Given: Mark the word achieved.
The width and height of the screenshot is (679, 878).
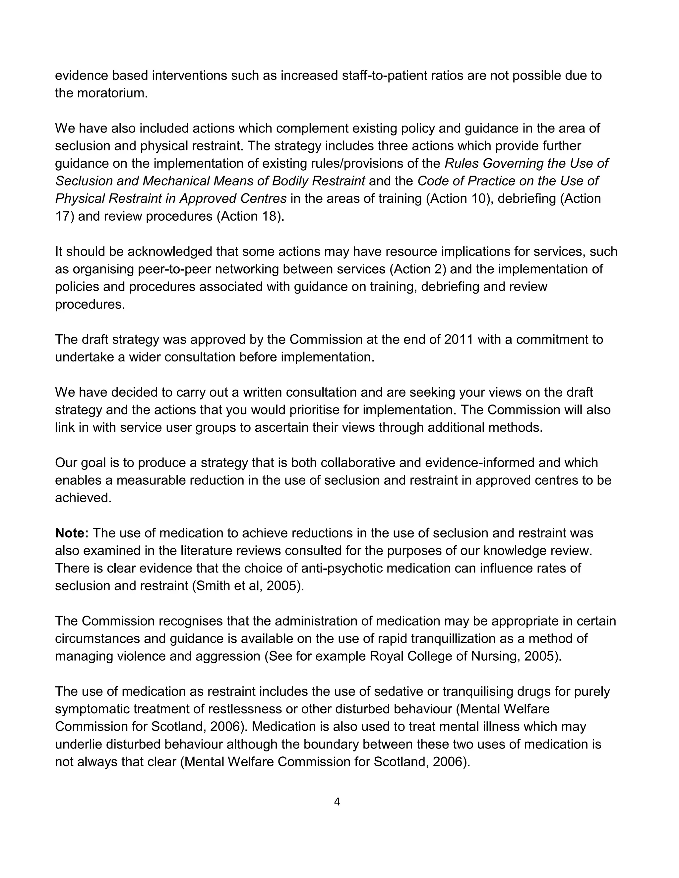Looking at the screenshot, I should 83,498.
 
